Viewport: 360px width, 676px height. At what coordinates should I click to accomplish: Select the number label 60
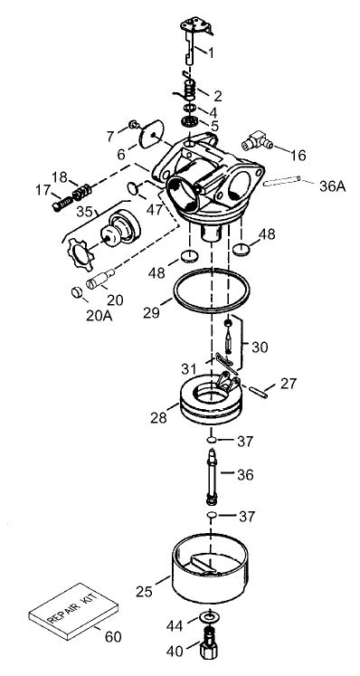point(112,637)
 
